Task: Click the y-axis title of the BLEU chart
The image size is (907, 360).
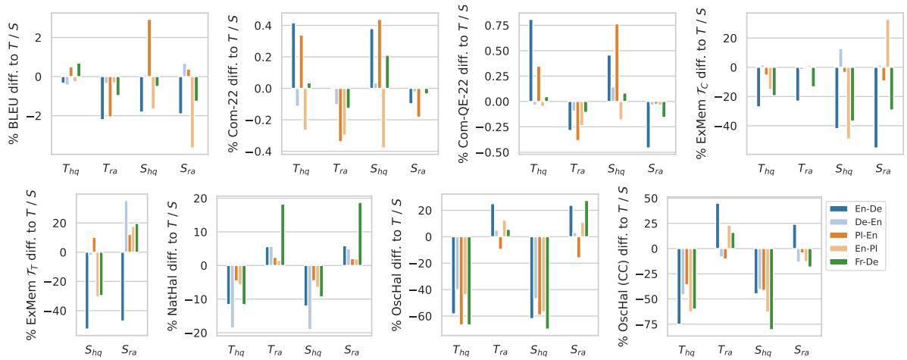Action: click(x=13, y=83)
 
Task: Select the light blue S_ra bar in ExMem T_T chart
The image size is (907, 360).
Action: click(x=126, y=227)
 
